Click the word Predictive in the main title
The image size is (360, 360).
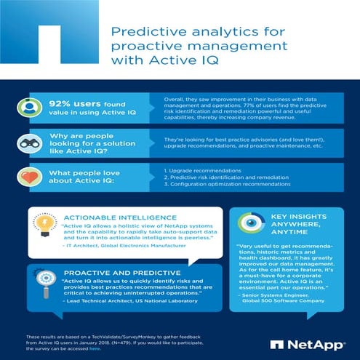point(140,31)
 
